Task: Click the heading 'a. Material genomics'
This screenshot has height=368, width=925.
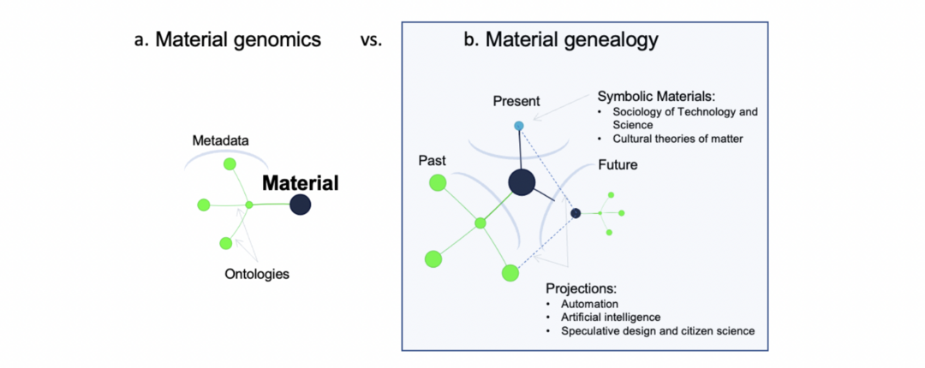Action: tap(227, 39)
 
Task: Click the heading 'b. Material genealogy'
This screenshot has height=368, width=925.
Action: tap(560, 39)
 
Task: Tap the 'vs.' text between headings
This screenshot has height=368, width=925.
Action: tap(370, 40)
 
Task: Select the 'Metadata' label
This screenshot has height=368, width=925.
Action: tap(221, 139)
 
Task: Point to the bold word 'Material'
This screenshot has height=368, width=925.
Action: tap(300, 183)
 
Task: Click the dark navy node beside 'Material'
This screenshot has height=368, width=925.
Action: tap(300, 205)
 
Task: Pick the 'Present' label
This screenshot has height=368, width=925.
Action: tap(516, 102)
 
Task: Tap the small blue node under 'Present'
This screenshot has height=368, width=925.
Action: tap(518, 126)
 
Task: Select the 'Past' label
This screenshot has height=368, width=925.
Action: tap(432, 161)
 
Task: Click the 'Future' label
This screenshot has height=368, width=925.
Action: tap(616, 164)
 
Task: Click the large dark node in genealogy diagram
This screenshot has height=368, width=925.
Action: tap(522, 181)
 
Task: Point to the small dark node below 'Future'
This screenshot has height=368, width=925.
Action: tap(576, 213)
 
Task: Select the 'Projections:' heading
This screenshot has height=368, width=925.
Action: tap(581, 288)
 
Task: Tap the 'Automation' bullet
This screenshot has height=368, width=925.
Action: tap(589, 304)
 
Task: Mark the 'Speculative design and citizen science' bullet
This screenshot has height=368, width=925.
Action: tap(657, 331)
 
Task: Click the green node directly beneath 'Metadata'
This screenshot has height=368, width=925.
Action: tap(229, 163)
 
